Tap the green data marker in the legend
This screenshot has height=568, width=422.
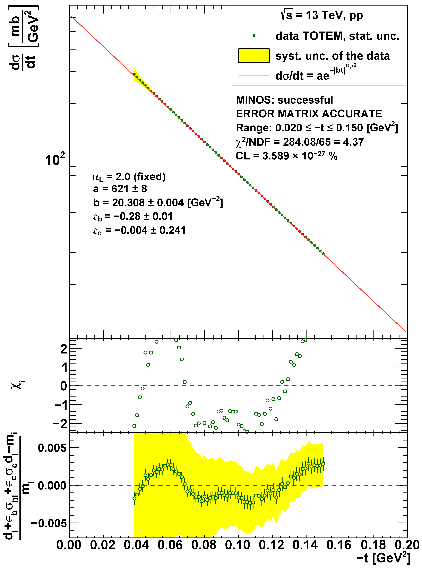[254, 35]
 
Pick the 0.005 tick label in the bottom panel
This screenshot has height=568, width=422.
[52, 448]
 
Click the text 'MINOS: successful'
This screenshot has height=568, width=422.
[284, 100]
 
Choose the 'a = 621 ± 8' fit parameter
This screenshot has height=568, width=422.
[120, 189]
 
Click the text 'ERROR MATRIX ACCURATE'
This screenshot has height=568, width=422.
[309, 114]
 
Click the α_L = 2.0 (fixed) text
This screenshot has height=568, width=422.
[129, 177]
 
